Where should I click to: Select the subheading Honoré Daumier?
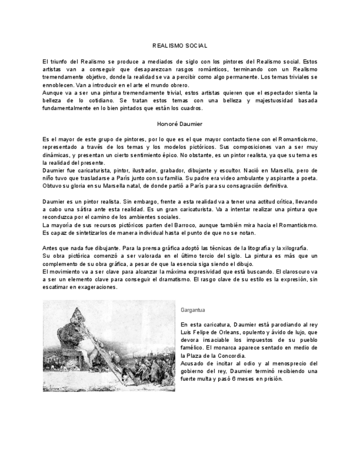pos(180,124)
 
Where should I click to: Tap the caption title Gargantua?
pos(192,310)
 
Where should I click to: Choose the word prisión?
pos(271,379)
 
